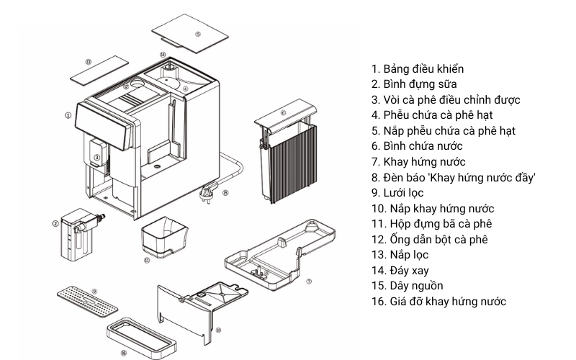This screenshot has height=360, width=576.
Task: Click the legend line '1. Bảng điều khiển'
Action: [418, 69]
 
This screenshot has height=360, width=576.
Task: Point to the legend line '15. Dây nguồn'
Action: [407, 286]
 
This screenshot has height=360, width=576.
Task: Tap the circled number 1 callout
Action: [68, 114]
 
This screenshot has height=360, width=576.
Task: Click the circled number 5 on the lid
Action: [198, 34]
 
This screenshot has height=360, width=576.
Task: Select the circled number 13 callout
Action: [88, 63]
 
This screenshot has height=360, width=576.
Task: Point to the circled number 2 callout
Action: [55, 223]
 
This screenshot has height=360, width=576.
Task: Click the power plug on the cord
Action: [209, 192]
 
